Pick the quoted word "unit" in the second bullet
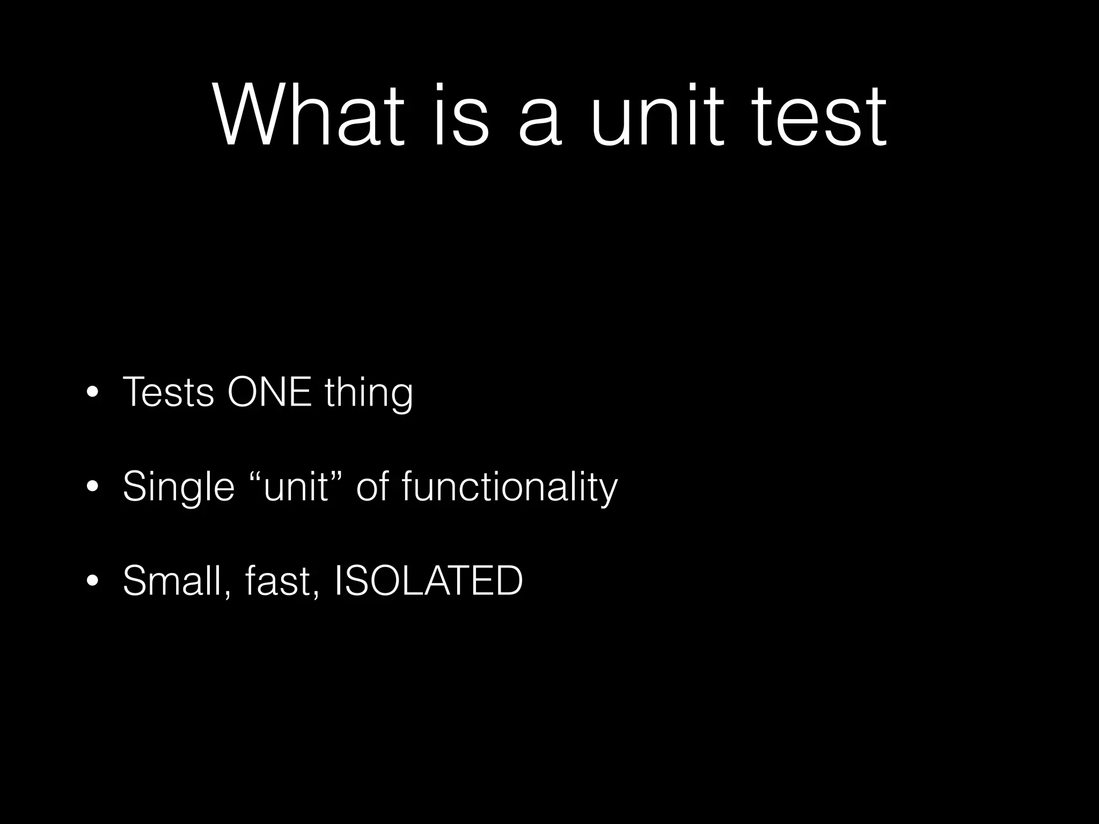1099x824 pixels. pos(296,487)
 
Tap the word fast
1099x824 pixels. pos(275,580)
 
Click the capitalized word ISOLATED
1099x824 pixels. pos(428,580)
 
